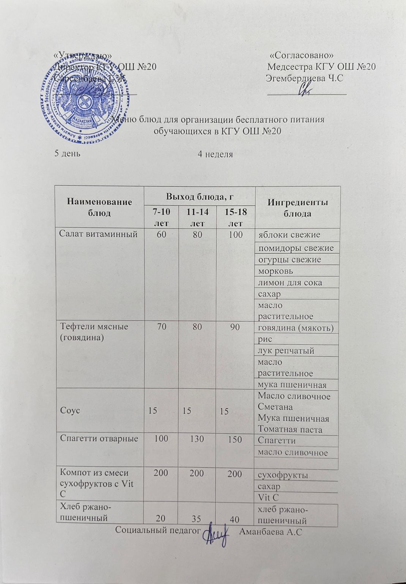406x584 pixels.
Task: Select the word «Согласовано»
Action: click(302, 55)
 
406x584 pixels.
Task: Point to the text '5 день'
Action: click(68, 153)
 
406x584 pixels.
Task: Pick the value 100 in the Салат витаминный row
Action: click(236, 234)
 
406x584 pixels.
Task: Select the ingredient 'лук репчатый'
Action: click(286, 351)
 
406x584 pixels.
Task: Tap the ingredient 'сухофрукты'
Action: click(283, 475)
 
